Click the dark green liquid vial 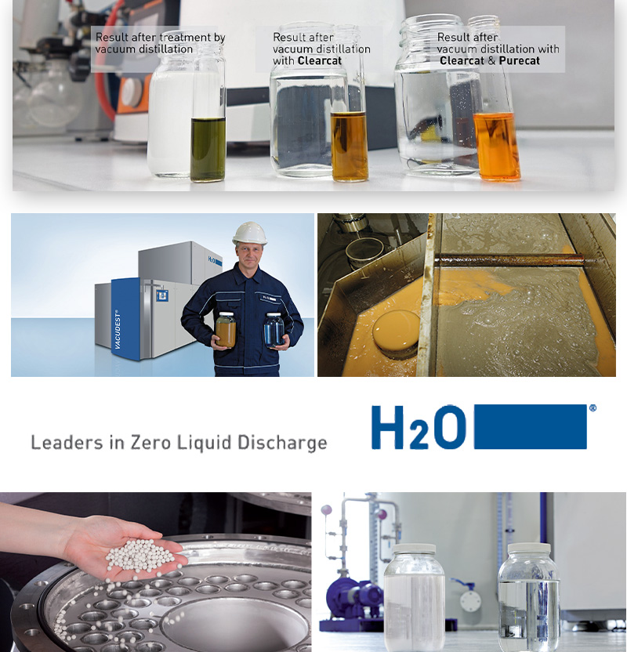(208, 150)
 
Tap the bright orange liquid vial (497, 147)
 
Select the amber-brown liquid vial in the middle (350, 147)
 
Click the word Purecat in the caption (520, 60)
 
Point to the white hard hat (249, 233)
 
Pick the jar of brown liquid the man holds (226, 330)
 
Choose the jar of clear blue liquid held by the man (274, 330)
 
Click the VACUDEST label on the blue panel (118, 329)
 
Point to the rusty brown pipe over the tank (510, 261)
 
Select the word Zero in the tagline (150, 443)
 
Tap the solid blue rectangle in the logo (531, 427)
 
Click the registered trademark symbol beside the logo (593, 408)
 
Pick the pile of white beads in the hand (140, 555)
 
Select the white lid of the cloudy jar (414, 548)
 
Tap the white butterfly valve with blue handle (469, 599)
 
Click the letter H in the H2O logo (387, 427)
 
